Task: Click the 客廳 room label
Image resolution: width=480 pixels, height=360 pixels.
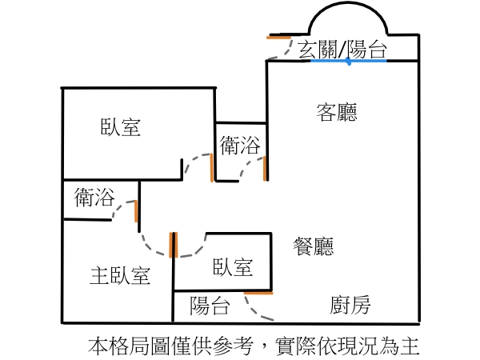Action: click(337, 113)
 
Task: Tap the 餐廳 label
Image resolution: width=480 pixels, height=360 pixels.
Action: click(314, 246)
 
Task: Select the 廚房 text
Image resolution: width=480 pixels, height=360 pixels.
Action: click(350, 305)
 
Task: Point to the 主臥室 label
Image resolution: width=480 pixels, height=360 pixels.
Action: click(120, 276)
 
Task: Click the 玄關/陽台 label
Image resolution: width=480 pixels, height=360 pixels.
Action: click(342, 49)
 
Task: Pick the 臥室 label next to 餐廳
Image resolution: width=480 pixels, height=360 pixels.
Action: click(233, 267)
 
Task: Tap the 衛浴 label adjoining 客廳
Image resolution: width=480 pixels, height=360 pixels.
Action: click(240, 146)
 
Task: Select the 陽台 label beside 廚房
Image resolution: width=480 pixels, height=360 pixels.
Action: click(210, 305)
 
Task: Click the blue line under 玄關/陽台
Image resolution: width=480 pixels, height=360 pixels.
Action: click(349, 61)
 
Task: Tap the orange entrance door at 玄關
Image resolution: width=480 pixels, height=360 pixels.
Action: click(278, 37)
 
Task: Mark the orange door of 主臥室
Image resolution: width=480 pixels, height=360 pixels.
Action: click(172, 245)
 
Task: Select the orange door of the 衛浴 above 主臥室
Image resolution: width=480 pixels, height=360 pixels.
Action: click(136, 211)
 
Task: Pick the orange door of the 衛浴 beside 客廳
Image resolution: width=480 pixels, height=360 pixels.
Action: click(265, 169)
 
